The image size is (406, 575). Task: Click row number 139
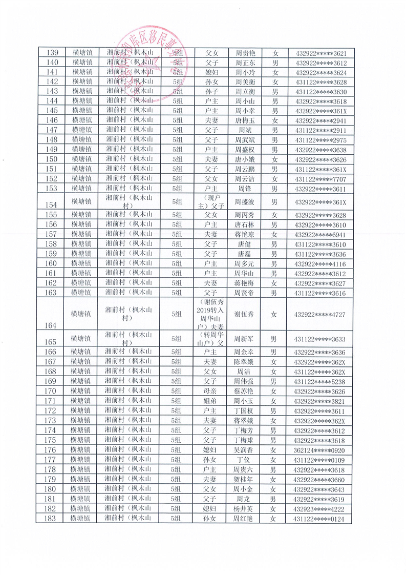(x=52, y=53)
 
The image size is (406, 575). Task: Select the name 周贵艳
(x=245, y=53)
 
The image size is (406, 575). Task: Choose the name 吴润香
(x=244, y=449)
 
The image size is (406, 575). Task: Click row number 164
(x=52, y=325)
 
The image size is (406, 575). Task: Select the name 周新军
(x=245, y=339)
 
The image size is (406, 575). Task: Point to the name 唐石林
(x=245, y=224)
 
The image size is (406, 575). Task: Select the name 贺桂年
(x=245, y=479)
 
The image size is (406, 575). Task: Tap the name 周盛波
(x=245, y=201)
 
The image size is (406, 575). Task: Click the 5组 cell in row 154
(x=177, y=201)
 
